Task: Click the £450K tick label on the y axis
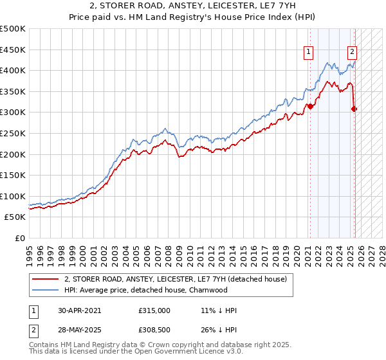[12, 50]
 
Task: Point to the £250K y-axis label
[12, 133]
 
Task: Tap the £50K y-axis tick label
[15, 217]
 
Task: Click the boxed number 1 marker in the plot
[309, 53]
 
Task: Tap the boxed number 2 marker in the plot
[353, 53]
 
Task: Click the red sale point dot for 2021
[309, 107]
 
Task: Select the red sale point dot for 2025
[354, 109]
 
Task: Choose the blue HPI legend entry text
[145, 290]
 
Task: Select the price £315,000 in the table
[154, 310]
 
